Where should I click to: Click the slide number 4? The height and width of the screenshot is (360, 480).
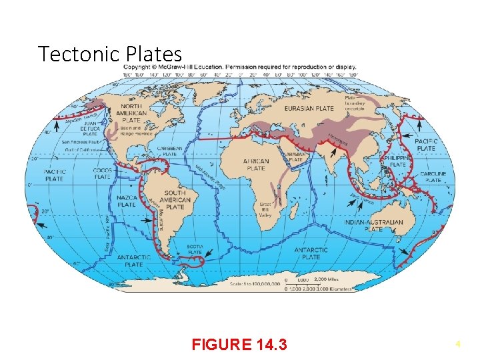458,344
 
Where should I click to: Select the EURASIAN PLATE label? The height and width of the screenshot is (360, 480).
309,108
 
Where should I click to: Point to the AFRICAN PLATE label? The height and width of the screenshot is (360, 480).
256,164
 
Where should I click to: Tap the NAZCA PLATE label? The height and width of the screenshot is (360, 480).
126,201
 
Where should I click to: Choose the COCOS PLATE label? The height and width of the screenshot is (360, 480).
102,173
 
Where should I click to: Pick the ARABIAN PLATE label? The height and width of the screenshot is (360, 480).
295,157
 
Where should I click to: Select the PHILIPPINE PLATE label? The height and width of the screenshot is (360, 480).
398,161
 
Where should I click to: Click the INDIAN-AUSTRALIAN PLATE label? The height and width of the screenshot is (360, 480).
373,225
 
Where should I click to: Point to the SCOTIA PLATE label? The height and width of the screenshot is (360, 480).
195,249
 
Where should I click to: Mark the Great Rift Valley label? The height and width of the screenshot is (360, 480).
266,208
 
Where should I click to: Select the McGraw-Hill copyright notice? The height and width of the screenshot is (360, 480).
240,67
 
